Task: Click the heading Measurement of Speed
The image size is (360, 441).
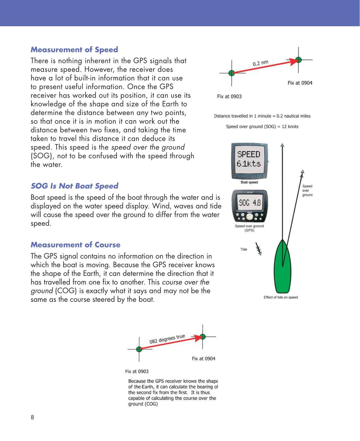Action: [x=74, y=50]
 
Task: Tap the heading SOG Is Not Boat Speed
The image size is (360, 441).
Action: [x=74, y=186]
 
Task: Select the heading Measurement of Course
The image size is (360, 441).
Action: [x=76, y=245]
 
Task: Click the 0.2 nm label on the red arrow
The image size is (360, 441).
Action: [x=260, y=62]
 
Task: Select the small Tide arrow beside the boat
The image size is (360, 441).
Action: [x=258, y=249]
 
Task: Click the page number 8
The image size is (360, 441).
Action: [x=32, y=417]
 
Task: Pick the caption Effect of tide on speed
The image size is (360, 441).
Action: [x=281, y=297]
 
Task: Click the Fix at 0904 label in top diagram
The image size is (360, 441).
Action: [x=300, y=83]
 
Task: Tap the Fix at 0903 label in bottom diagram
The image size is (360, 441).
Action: [x=137, y=372]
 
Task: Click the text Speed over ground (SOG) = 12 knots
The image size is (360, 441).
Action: [x=262, y=127]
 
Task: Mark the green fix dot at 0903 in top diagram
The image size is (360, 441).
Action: [x=231, y=73]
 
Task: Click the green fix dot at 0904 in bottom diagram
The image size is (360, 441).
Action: [x=203, y=336]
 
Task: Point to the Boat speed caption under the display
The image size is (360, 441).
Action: [x=249, y=182]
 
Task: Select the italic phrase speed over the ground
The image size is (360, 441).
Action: [x=148, y=147]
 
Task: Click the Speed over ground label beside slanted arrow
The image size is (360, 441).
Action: [x=307, y=191]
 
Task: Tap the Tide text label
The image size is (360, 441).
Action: [x=244, y=249]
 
